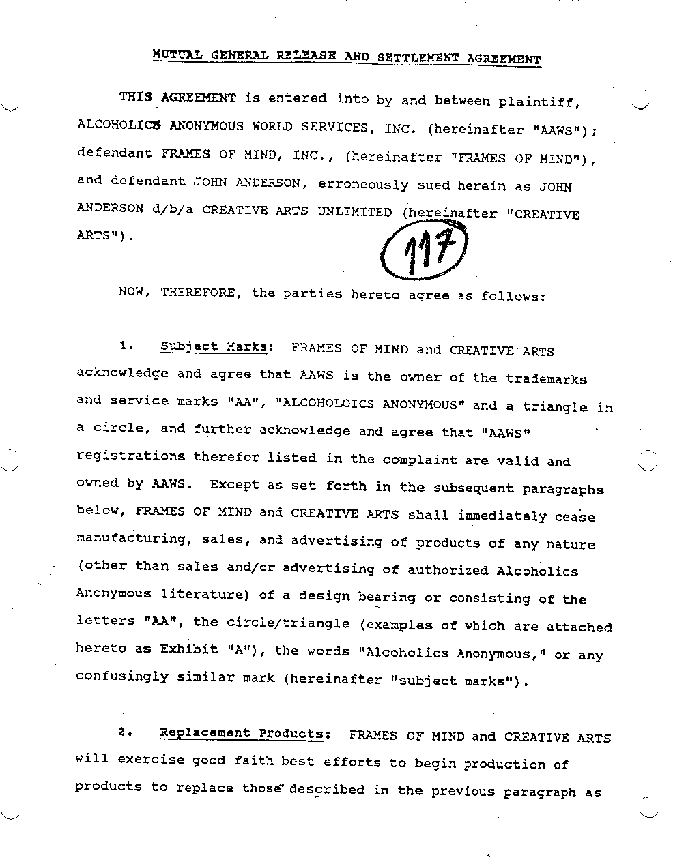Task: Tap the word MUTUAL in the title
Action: (x=177, y=54)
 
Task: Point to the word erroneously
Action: (x=363, y=184)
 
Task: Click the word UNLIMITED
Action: (x=354, y=211)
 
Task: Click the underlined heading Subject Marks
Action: (x=213, y=346)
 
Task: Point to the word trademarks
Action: (x=546, y=378)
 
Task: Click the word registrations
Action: (x=130, y=456)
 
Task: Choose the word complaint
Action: (x=420, y=460)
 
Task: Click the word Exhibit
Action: (x=188, y=649)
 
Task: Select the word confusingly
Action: (x=121, y=676)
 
